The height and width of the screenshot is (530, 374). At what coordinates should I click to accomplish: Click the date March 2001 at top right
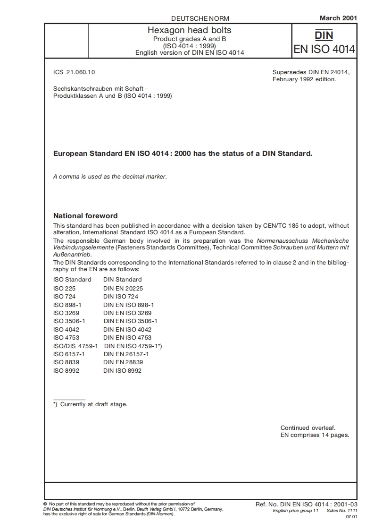(338, 18)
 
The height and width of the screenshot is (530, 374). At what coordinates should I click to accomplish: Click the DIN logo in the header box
(324, 35)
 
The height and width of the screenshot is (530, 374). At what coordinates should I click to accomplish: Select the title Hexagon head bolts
(190, 30)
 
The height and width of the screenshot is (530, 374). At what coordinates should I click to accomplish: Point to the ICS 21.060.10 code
(75, 72)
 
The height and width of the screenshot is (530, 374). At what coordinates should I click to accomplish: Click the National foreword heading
(85, 216)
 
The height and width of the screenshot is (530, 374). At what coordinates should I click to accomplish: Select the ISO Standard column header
(72, 280)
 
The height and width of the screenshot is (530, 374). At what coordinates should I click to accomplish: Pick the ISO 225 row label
(64, 288)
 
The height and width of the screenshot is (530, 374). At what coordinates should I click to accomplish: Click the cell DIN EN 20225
(123, 288)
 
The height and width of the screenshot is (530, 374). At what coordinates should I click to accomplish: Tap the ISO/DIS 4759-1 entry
(75, 346)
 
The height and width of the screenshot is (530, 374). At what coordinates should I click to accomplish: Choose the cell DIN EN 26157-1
(126, 354)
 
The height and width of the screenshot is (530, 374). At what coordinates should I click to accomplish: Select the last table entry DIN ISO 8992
(122, 370)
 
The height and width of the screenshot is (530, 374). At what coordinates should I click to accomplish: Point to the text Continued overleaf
(308, 427)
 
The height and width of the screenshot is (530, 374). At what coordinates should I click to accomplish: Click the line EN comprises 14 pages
(315, 435)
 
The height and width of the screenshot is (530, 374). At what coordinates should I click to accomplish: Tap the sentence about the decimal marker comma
(110, 177)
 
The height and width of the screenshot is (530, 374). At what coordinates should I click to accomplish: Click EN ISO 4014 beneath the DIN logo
(324, 50)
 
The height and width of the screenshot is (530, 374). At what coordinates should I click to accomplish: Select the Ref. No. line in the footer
(306, 504)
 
